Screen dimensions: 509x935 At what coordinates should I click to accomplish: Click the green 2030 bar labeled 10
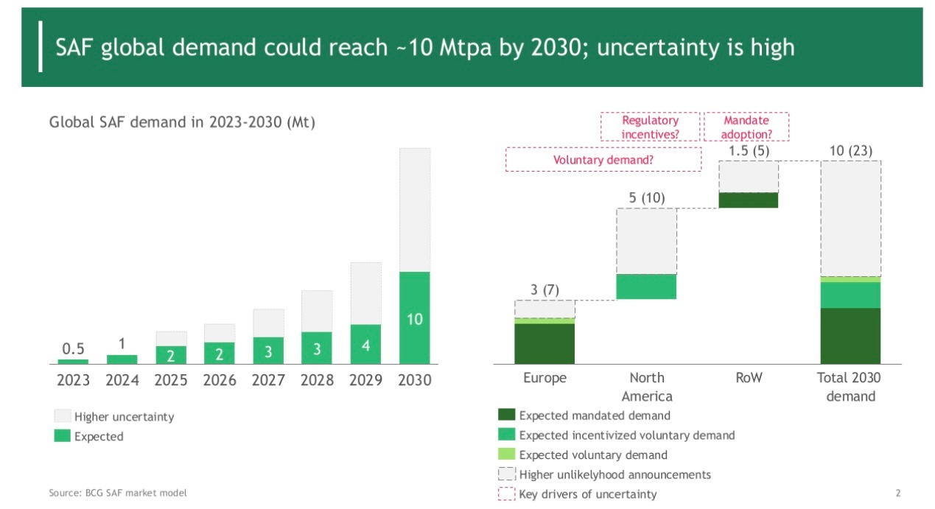tap(414, 317)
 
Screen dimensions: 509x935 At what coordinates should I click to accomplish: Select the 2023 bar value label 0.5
tap(73, 348)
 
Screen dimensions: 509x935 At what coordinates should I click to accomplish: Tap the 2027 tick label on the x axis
tap(268, 380)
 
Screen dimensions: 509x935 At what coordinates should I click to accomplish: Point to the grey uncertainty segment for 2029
tap(365, 293)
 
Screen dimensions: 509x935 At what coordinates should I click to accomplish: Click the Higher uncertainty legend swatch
tap(63, 416)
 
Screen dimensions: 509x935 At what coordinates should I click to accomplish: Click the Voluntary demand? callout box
tap(603, 159)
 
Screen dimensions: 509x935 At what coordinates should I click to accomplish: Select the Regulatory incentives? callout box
tap(650, 127)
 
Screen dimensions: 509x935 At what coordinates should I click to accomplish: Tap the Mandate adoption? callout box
tap(746, 127)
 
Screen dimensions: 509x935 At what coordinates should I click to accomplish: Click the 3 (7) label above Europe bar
tap(544, 289)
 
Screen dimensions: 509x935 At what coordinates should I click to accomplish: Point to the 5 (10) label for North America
tap(646, 197)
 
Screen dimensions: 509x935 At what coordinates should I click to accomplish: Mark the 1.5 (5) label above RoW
tap(749, 151)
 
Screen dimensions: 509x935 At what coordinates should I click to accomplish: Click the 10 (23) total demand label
tap(850, 151)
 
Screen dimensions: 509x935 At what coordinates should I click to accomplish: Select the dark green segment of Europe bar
tap(544, 343)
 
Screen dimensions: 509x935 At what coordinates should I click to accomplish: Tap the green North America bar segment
tap(646, 287)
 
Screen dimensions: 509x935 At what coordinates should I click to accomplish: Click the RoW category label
tap(749, 378)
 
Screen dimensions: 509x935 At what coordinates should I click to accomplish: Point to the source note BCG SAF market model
tap(118, 493)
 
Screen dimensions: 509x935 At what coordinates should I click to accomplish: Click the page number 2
tap(897, 493)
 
